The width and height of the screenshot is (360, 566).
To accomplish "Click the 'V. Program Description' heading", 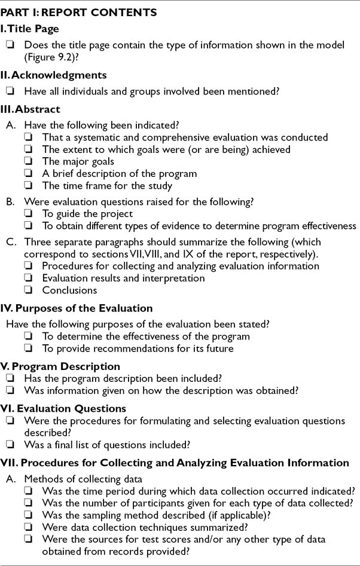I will point(60,366).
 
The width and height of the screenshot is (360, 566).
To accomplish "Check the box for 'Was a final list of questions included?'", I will point(10,445).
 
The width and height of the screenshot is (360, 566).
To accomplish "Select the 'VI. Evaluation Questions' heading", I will point(63,409).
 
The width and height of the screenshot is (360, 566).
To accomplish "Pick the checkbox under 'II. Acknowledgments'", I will point(10,92).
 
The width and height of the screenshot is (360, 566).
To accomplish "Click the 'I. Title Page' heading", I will point(30,28).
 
